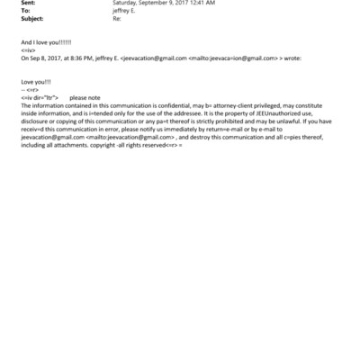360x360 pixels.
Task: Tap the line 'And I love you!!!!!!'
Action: click(46, 43)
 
